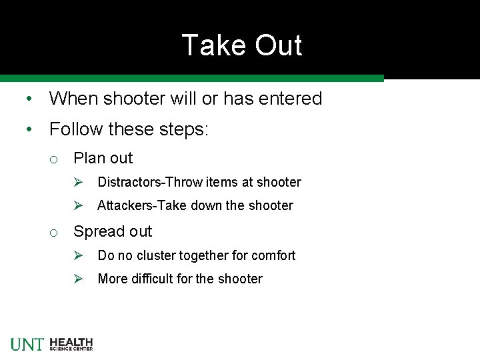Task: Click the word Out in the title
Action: point(274,45)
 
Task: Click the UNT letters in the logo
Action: point(27,344)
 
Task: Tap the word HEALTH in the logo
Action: point(71,341)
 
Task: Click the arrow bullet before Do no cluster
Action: point(77,255)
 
